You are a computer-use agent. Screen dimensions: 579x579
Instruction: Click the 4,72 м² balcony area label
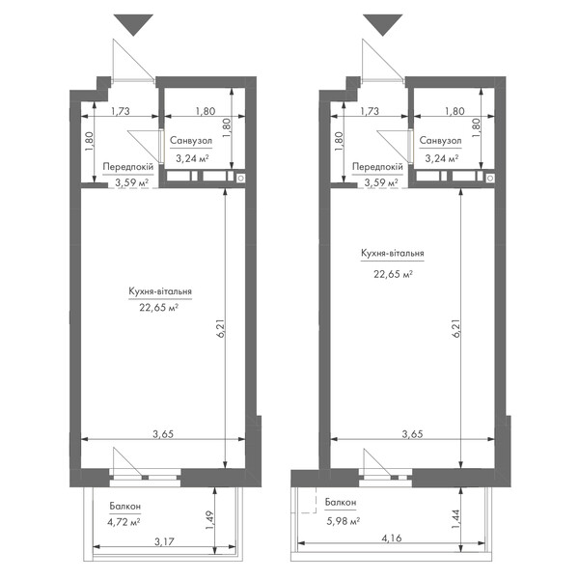[124, 522]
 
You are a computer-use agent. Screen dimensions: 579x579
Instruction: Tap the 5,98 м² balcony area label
[343, 521]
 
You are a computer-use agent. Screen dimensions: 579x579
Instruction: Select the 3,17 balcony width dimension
[164, 541]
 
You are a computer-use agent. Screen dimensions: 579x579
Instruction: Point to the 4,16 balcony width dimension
[392, 538]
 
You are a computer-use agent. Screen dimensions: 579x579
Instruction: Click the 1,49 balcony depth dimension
[209, 520]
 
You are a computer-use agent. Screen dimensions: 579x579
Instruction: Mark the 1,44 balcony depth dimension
[455, 519]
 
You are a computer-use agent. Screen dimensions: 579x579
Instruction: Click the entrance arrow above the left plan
[133, 25]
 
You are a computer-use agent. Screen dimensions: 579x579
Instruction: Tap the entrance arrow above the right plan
[382, 25]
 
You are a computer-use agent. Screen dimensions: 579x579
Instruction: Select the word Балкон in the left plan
[125, 507]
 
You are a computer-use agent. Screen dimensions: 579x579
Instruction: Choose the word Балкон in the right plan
[341, 502]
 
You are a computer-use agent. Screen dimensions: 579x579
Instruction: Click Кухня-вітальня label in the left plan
[160, 291]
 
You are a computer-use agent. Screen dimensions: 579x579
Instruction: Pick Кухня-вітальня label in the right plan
[393, 253]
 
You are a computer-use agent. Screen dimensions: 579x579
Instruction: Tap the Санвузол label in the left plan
[191, 140]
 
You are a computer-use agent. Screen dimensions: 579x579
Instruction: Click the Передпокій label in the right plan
[377, 167]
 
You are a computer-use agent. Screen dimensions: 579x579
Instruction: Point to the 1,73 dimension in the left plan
[121, 111]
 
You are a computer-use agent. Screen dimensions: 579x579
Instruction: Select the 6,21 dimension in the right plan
[456, 328]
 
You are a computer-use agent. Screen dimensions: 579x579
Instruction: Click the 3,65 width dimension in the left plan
[163, 434]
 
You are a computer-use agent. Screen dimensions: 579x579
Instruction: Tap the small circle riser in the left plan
[240, 179]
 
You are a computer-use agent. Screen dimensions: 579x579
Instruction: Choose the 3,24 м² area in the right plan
[442, 158]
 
